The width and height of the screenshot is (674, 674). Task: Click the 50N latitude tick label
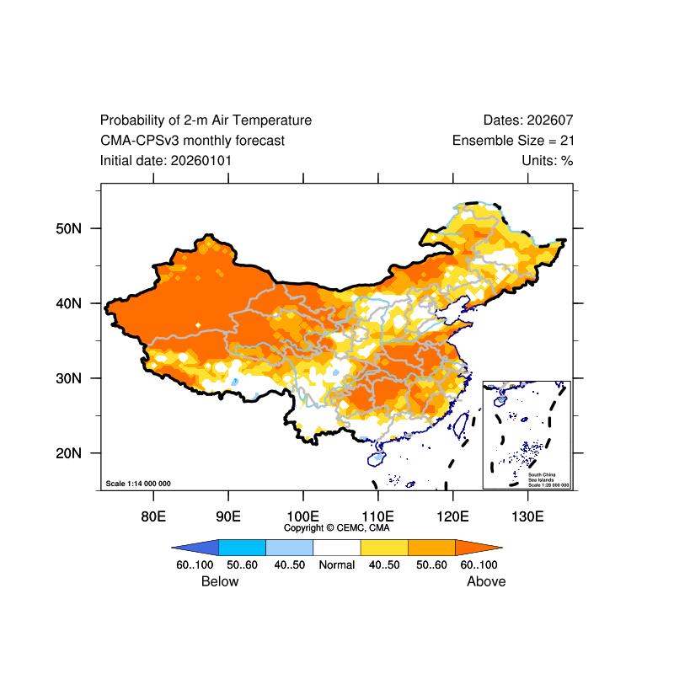pos(67,228)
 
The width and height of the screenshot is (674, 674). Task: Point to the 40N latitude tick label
pos(67,303)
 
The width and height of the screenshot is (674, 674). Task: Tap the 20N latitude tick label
pos(67,453)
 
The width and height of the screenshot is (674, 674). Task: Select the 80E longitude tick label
pos(152,516)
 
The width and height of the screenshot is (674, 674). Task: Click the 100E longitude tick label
pos(302,516)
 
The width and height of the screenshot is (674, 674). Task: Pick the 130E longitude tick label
pos(527,516)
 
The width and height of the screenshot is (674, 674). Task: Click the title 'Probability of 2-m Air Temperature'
pos(206,120)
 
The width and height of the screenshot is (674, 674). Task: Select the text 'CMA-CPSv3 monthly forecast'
pos(192,141)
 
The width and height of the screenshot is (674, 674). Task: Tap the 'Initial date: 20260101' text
pos(166,160)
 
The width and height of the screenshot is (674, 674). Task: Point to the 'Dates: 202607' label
pos(528,120)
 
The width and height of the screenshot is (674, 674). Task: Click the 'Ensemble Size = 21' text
pos(513,141)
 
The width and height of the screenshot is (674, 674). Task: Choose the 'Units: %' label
pos(548,160)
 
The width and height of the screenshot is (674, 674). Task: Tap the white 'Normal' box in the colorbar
pos(337,548)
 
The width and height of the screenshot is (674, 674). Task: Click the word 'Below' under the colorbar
pos(220,581)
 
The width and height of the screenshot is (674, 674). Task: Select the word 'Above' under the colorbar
pos(486,581)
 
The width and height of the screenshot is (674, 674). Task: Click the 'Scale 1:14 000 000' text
pos(138,484)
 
